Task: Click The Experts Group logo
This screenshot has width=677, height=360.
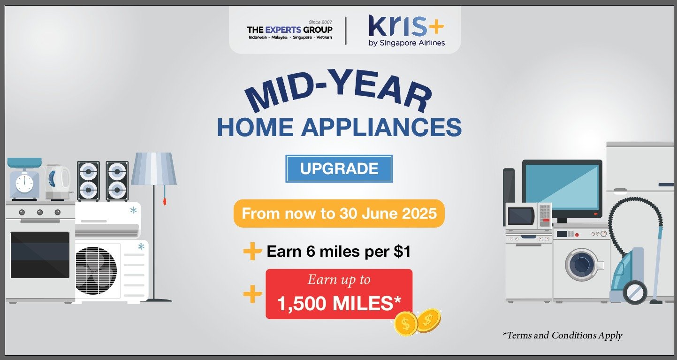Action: coord(289,30)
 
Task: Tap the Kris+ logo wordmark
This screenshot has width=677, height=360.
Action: coord(406,26)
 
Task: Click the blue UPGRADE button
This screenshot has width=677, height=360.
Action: coord(339,169)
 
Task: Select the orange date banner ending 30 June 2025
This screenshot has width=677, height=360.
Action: coord(339,214)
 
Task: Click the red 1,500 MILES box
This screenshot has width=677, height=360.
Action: coord(339,294)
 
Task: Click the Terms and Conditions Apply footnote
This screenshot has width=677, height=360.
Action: coord(563,335)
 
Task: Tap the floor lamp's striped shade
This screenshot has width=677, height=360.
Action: coord(154,169)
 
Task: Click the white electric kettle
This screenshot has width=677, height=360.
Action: coord(59,182)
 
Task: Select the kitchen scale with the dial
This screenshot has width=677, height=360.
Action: coord(24,179)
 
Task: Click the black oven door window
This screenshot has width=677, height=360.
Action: coord(40,255)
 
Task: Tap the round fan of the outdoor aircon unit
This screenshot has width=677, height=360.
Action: coord(96,270)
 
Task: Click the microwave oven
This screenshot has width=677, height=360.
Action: coord(529,216)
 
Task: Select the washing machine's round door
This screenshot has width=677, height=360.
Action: coord(582,264)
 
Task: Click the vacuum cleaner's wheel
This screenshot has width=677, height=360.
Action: coord(635,292)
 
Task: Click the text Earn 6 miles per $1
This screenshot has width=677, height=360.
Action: coord(339,251)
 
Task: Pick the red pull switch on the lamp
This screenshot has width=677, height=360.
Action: coord(165,201)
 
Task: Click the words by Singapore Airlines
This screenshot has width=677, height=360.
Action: coord(406,43)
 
